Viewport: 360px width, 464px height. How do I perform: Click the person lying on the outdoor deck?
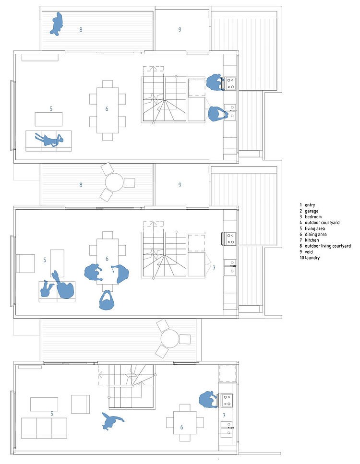57,24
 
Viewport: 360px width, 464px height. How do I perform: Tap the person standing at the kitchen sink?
217,114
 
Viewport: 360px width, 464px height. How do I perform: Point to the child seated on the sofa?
46,289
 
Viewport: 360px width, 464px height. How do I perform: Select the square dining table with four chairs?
185,423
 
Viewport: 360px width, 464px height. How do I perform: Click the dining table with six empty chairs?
108,110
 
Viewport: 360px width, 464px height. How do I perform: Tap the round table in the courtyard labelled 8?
114,182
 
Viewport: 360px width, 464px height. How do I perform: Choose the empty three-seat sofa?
44,428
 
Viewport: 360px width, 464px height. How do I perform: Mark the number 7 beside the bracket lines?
214,268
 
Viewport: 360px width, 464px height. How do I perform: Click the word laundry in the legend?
312,258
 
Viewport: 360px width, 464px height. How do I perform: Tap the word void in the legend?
309,252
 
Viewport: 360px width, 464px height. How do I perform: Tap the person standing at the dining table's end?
107,300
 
